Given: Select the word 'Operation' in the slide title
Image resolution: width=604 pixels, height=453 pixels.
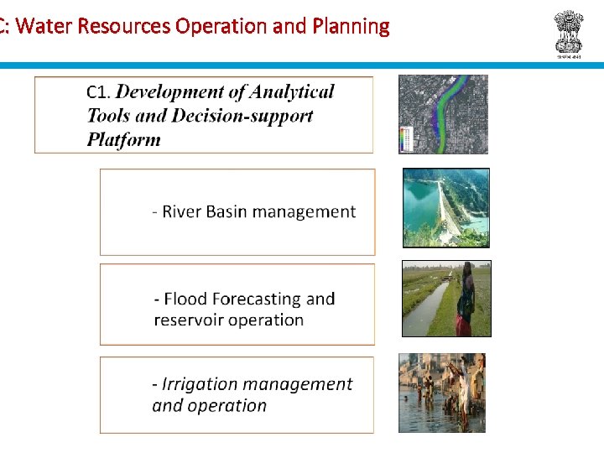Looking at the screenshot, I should pos(221,26).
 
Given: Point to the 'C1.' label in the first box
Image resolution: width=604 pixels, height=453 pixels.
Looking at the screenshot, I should pos(99,92).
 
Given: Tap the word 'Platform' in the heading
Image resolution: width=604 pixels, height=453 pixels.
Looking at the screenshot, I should pos(123,139).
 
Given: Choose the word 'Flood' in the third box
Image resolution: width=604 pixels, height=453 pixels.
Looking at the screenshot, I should pos(185,299).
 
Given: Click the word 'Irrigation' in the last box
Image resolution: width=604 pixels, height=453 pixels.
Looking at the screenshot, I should pos(200,384).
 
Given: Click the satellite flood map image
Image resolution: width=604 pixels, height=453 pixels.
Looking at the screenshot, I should pos(443,114).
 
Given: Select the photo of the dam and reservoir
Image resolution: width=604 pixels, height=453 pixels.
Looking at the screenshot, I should pos(445,208).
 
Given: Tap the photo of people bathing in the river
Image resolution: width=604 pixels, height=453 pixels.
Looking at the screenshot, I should pos(441,393).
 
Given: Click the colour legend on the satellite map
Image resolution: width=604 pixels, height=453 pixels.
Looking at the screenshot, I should pos(408,138).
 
